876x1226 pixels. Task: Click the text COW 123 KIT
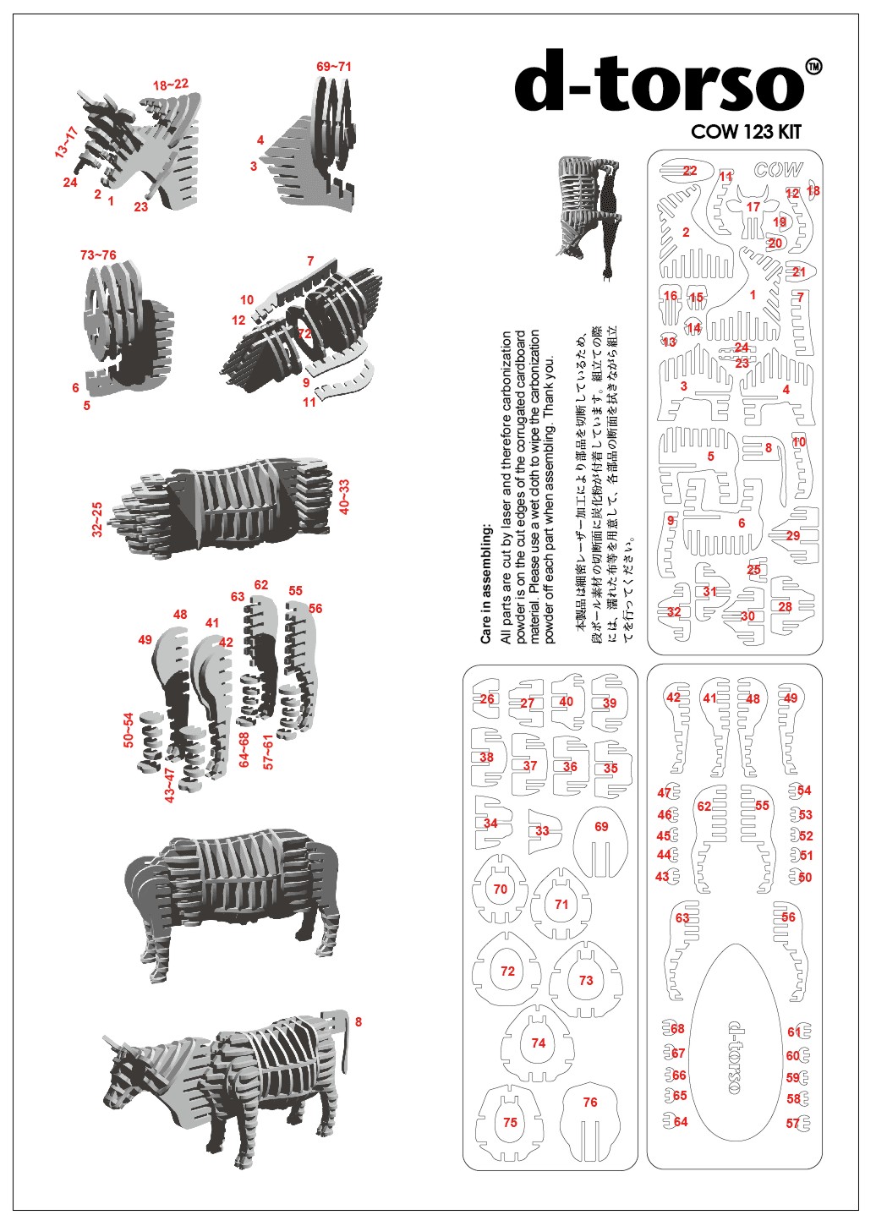pos(745,132)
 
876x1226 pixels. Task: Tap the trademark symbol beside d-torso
pos(813,67)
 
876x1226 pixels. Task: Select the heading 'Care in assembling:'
pos(486,583)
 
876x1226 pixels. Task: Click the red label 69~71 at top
pos(334,67)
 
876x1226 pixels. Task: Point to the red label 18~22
pos(171,85)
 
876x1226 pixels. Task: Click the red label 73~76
pos(98,255)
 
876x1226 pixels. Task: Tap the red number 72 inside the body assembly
pos(304,333)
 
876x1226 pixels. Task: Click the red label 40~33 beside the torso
pos(344,496)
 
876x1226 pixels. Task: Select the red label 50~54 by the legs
pos(129,730)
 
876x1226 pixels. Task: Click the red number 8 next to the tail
pos(359,1022)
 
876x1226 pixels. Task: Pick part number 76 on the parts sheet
pos(590,1102)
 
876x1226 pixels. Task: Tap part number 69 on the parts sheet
pos(601,826)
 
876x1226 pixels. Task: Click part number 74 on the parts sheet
pos(539,1043)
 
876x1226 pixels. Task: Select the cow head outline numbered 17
pos(753,216)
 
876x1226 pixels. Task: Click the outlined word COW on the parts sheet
pos(778,170)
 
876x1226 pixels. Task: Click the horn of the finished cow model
pos(110,1045)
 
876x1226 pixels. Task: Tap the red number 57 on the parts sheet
pos(792,1124)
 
